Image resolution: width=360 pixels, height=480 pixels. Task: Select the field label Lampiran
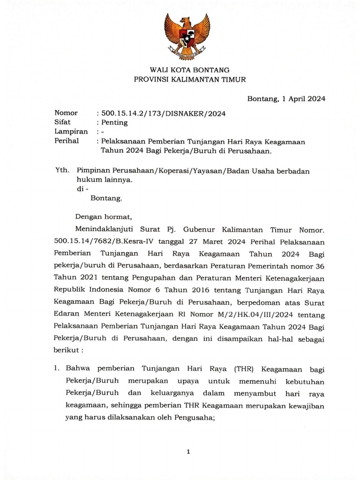pos(71,132)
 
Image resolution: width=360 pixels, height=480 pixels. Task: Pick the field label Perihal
pos(67,141)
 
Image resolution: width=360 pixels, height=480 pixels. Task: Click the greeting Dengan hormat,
pos(104,217)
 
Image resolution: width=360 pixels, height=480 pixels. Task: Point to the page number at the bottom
pos(188,452)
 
